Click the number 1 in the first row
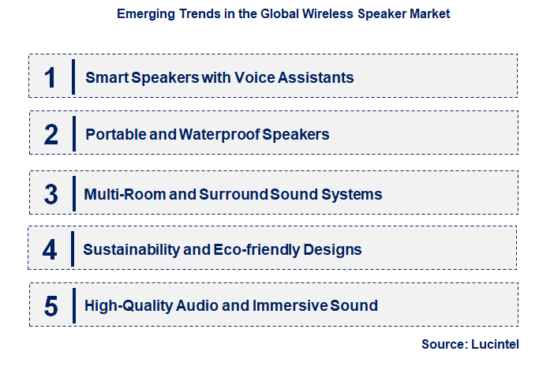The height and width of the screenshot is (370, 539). [51, 77]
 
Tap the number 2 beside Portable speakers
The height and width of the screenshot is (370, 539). [51, 134]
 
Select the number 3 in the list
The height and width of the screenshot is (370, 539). [51, 194]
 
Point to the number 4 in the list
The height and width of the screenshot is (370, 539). [51, 250]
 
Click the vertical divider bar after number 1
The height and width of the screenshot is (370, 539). [73, 77]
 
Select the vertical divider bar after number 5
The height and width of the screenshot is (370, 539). [73, 305]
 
